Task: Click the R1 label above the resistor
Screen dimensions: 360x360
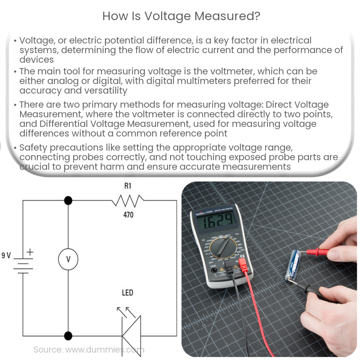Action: click(128, 186)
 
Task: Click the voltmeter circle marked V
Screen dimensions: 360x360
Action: click(68, 259)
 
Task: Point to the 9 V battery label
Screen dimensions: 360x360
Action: click(6, 256)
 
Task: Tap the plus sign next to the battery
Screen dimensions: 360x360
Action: click(30, 252)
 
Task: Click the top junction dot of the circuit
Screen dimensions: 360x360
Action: click(68, 201)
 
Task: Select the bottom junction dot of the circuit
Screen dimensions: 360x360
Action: click(68, 336)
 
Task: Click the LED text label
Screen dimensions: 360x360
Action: click(128, 292)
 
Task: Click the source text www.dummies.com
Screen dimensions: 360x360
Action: click(89, 349)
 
